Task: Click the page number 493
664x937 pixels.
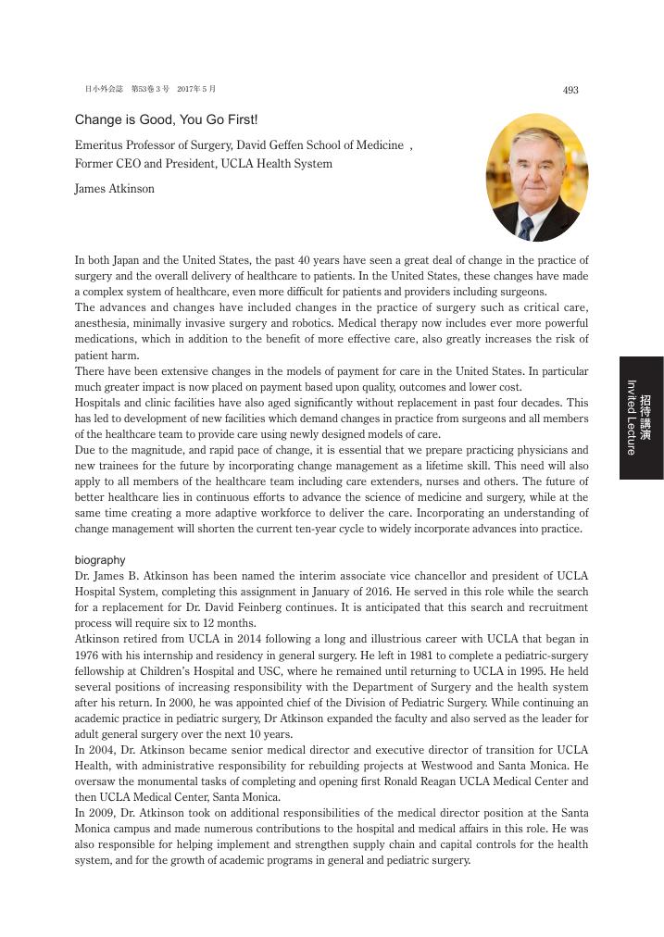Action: coord(570,90)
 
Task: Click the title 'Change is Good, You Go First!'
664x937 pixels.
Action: coord(167,120)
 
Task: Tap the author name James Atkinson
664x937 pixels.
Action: coord(115,189)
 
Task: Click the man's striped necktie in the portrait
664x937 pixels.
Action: coord(526,227)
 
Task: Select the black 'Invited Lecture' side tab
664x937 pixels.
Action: coord(641,417)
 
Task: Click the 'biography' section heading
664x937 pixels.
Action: coord(100,560)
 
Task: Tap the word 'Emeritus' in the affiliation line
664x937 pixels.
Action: coord(97,145)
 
